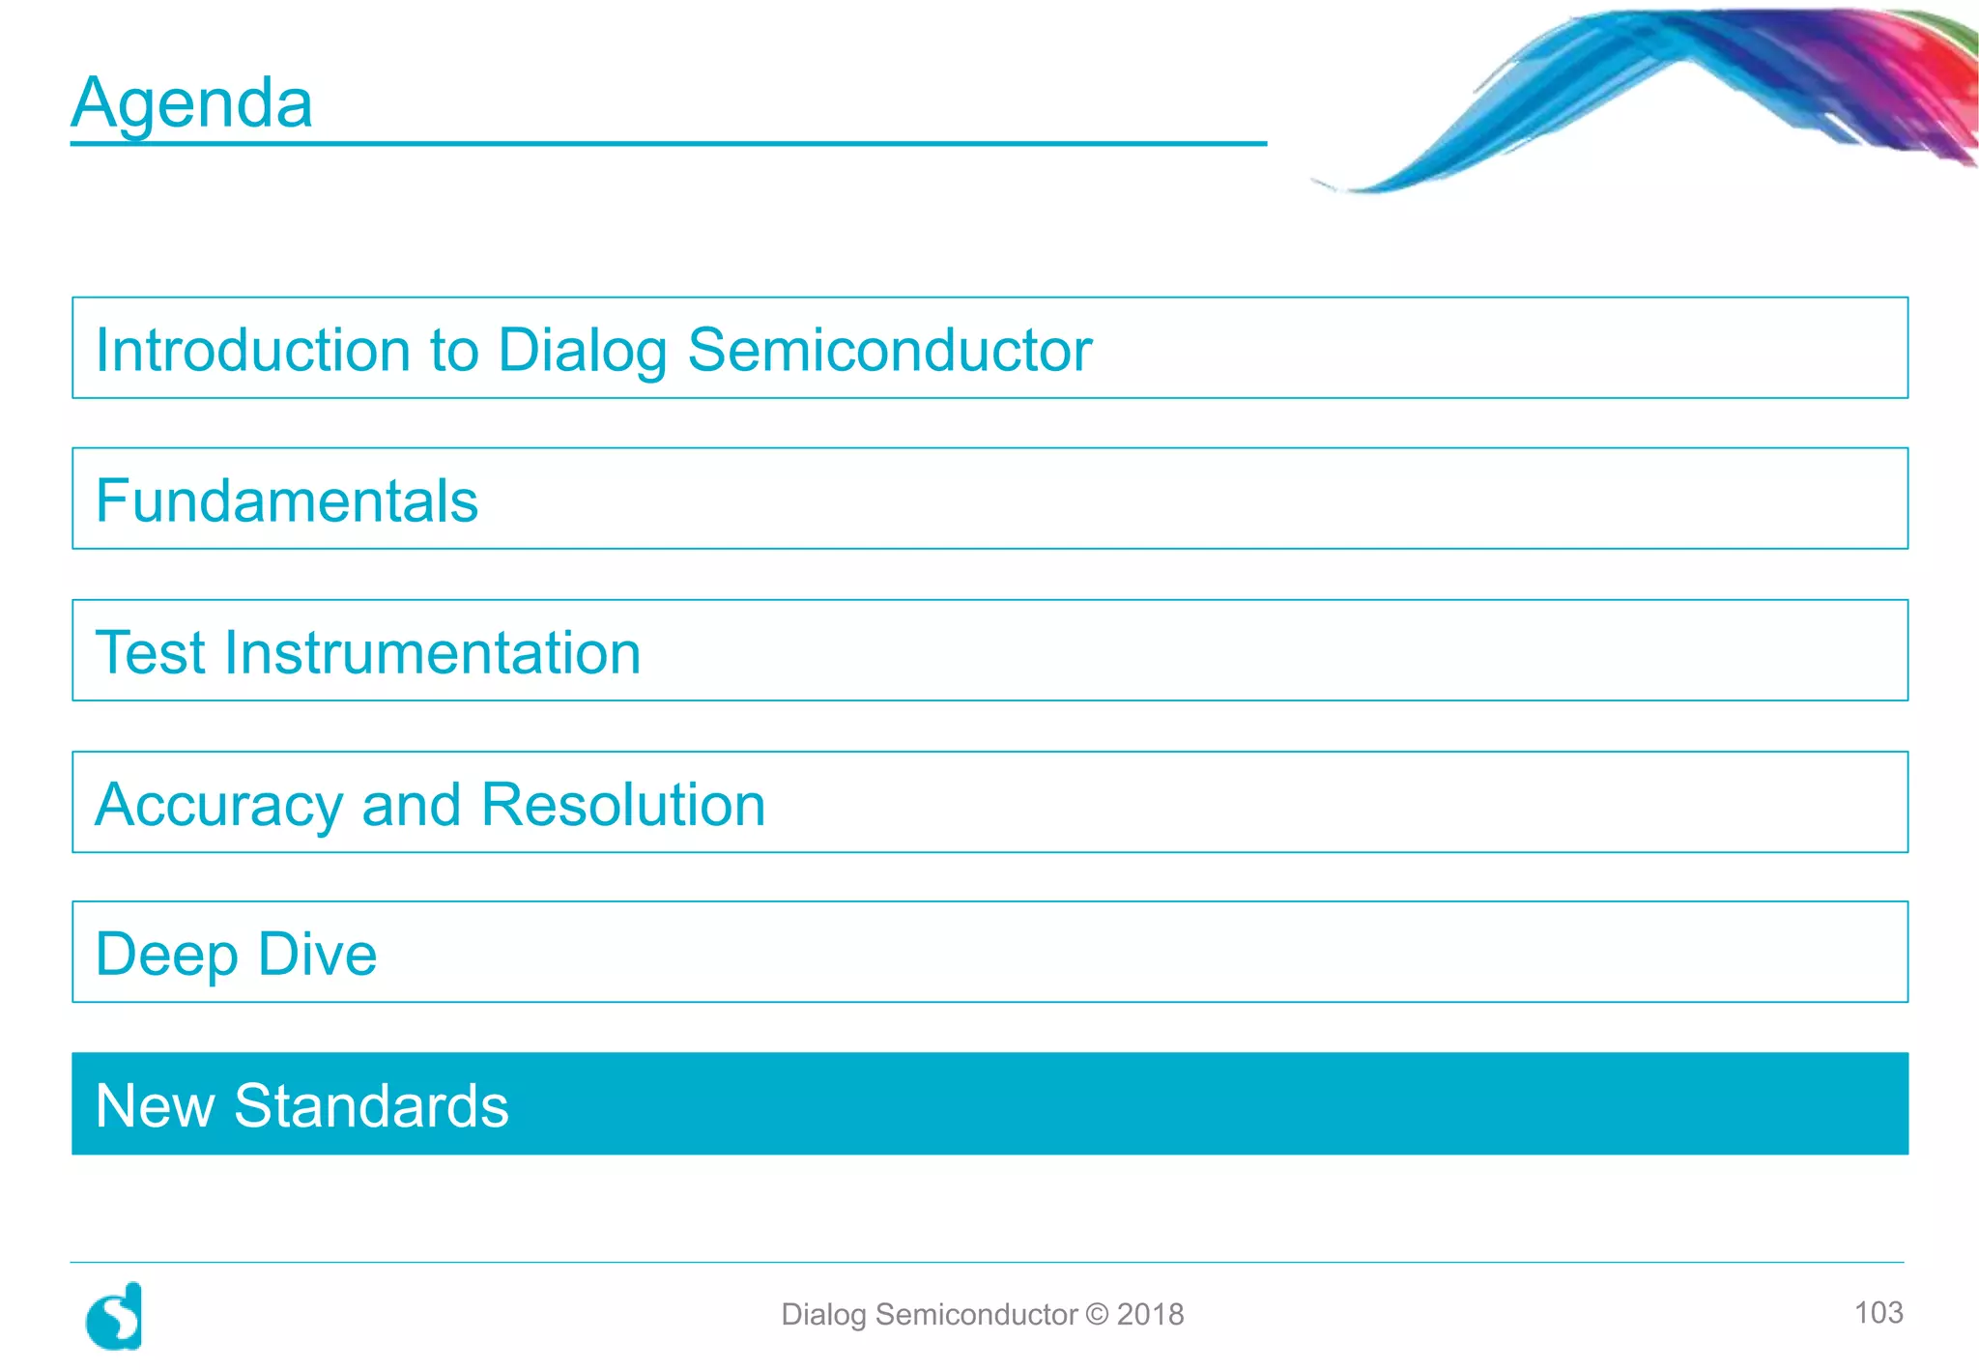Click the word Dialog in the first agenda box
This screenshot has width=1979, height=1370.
pyautogui.click(x=582, y=351)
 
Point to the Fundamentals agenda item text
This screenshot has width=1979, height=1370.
pyautogui.click(x=287, y=500)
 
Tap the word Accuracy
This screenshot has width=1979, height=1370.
pyautogui.click(x=219, y=805)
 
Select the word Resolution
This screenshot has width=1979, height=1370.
pyautogui.click(x=623, y=804)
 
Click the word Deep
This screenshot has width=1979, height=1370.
pyautogui.click(x=167, y=955)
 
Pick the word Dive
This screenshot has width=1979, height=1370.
pyautogui.click(x=318, y=954)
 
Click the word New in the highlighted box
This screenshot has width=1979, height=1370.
pyautogui.click(x=155, y=1105)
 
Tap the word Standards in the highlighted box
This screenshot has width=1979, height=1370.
pyautogui.click(x=371, y=1105)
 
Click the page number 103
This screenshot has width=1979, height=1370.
pyautogui.click(x=1878, y=1312)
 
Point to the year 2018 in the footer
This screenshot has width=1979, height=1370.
pyautogui.click(x=1150, y=1314)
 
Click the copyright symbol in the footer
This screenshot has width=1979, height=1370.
pyautogui.click(x=1097, y=1314)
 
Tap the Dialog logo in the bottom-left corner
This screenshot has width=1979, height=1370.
pyautogui.click(x=115, y=1316)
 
